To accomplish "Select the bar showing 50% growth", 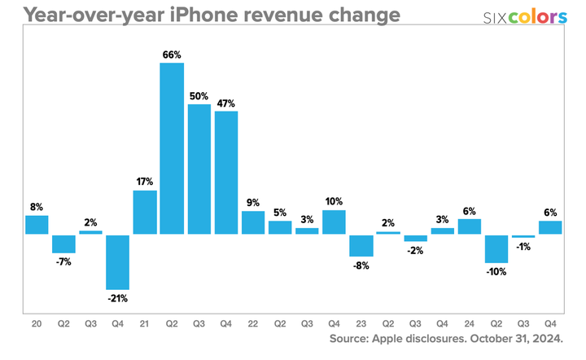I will point(199,169).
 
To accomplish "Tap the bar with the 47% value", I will point(225,173).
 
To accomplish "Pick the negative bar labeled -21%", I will point(117,262).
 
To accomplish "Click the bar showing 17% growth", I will point(145,213).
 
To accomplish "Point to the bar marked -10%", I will point(496,248).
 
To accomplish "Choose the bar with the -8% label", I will point(361,245).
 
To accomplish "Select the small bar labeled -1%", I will point(523,236).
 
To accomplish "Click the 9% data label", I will point(253,202).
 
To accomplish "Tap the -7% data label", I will point(63,262).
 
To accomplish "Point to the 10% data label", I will point(334,201).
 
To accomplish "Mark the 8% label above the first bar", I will point(37,207).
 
